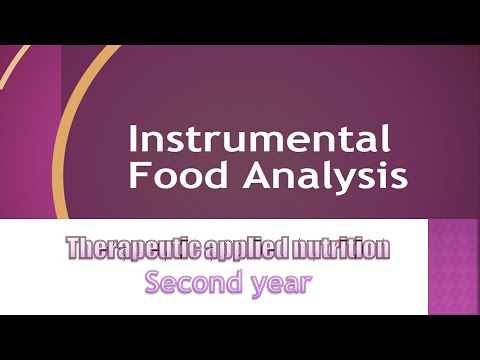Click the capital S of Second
(154, 282)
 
